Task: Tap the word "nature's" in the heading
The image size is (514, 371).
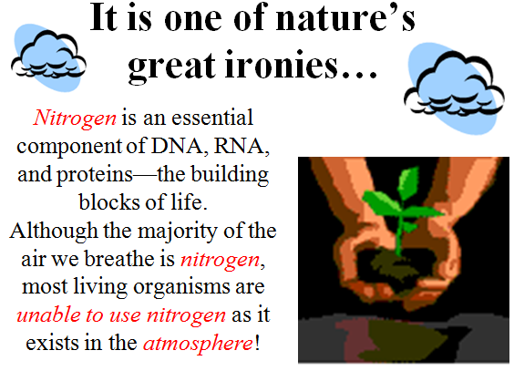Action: tap(345, 17)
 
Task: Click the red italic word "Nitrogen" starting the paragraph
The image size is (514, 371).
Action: tap(75, 119)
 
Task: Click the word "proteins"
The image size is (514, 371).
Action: tap(95, 175)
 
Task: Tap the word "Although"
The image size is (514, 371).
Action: tap(54, 232)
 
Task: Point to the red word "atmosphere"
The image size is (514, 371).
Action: tap(198, 344)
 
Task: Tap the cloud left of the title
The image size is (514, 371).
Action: tap(48, 57)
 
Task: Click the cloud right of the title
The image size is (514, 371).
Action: tap(455, 88)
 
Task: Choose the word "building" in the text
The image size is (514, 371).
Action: tap(230, 175)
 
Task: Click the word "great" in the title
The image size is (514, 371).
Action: tap(172, 67)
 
